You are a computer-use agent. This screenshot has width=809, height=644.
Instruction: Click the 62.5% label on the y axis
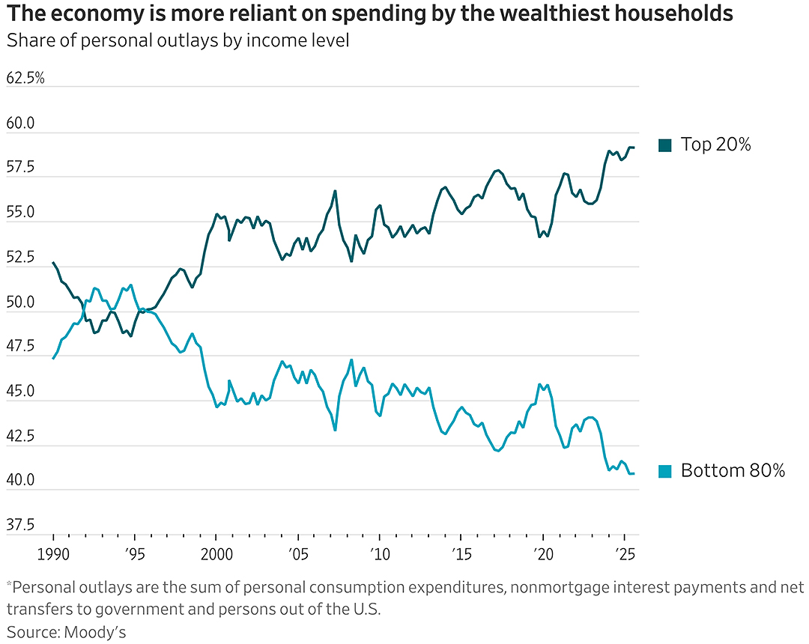pyautogui.click(x=25, y=79)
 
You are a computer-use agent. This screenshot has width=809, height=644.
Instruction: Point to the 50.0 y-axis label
pyautogui.click(x=20, y=302)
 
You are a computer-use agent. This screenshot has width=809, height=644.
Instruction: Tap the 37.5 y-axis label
pyautogui.click(x=20, y=525)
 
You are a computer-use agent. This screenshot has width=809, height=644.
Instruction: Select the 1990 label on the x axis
pyautogui.click(x=53, y=554)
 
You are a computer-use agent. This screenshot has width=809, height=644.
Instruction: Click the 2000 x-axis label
pyautogui.click(x=216, y=554)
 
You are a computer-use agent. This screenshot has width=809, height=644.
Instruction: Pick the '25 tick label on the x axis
pyautogui.click(x=624, y=554)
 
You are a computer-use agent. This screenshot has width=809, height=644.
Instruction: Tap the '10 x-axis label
pyautogui.click(x=380, y=554)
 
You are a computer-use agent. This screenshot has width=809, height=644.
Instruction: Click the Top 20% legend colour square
pyautogui.click(x=665, y=145)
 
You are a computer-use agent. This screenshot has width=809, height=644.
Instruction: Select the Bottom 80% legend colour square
pyautogui.click(x=665, y=471)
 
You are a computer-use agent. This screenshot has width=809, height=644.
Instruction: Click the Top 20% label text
pyautogui.click(x=715, y=145)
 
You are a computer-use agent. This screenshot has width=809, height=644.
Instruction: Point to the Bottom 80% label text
pyautogui.click(x=733, y=470)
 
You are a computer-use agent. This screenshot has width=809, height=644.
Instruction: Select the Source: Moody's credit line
pyautogui.click(x=66, y=632)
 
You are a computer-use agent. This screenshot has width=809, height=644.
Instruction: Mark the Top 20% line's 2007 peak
pyautogui.click(x=336, y=191)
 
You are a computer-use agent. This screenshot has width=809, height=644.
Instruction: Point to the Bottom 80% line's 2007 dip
pyautogui.click(x=336, y=430)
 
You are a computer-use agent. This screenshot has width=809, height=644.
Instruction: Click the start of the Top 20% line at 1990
pyautogui.click(x=53, y=262)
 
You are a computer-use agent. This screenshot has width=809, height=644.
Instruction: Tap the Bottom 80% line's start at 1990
pyautogui.click(x=53, y=359)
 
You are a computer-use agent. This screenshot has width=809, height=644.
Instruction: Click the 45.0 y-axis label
pyautogui.click(x=20, y=392)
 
